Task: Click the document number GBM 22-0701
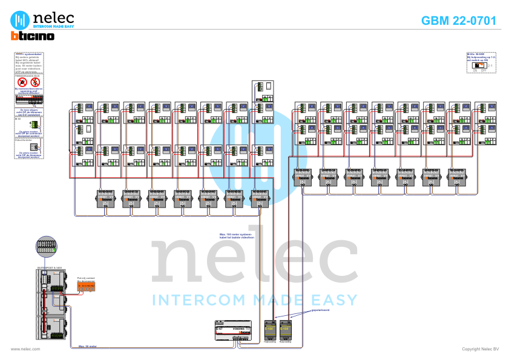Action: coord(458,21)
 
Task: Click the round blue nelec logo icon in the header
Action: coord(22,19)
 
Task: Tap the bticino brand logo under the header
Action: coord(33,36)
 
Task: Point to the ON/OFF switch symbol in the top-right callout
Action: coord(480,65)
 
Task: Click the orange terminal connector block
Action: coord(85,285)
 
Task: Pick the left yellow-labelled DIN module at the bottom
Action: coord(270,330)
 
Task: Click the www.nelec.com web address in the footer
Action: coord(25,349)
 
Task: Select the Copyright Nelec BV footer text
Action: coord(480,349)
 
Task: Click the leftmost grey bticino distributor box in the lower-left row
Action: coord(107,197)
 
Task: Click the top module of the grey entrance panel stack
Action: coord(51,281)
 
